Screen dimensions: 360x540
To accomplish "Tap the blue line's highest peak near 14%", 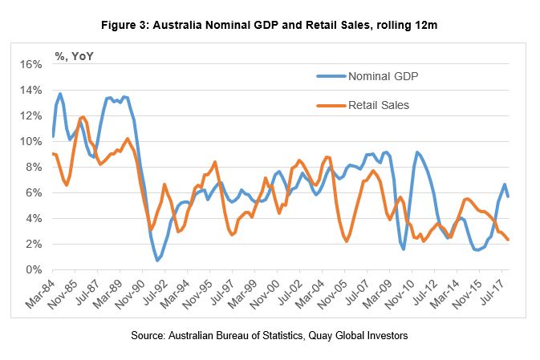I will (x=60, y=94).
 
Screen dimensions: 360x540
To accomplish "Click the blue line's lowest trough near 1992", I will (x=157, y=261).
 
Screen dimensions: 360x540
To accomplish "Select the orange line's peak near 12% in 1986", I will (x=83, y=117).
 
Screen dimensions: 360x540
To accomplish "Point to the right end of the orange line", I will (x=508, y=240).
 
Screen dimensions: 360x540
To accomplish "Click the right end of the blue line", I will (x=508, y=196).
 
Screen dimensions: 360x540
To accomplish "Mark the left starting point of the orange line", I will (x=52, y=153).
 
